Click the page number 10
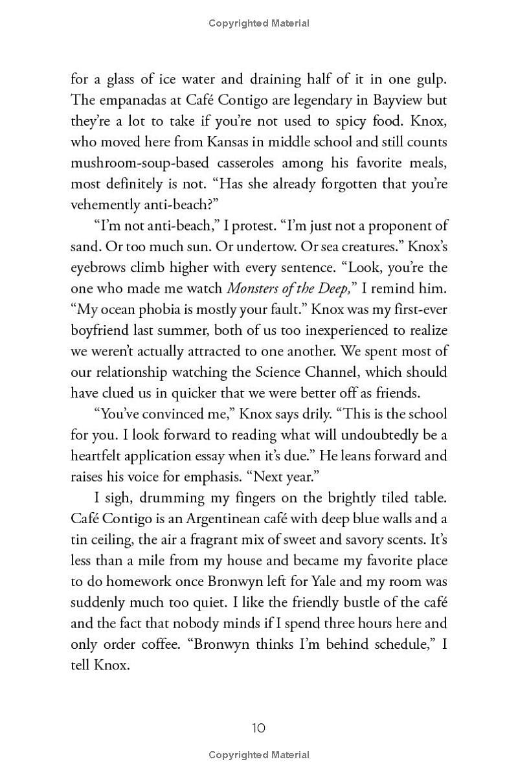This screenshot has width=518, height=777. (x=258, y=728)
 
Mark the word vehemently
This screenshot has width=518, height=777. (x=106, y=204)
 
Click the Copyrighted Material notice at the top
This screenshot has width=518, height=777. (x=258, y=23)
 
